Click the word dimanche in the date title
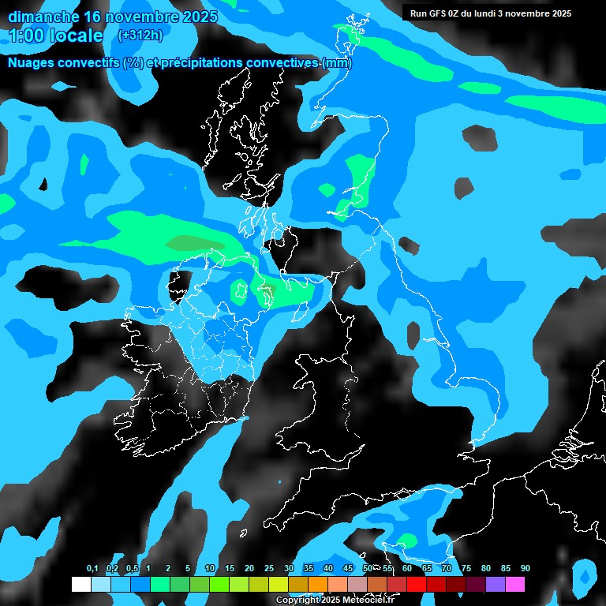point(43,17)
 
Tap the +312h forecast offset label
point(140,35)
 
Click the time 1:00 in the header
point(24,36)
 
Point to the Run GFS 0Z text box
point(490,13)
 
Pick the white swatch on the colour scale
point(80,584)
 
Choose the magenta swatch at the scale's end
point(515,584)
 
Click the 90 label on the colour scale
point(525,569)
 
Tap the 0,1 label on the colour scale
point(92,569)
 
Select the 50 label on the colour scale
point(368,569)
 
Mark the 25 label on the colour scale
point(269,569)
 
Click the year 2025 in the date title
point(194,17)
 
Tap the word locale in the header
point(77,36)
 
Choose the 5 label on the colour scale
point(187,569)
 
